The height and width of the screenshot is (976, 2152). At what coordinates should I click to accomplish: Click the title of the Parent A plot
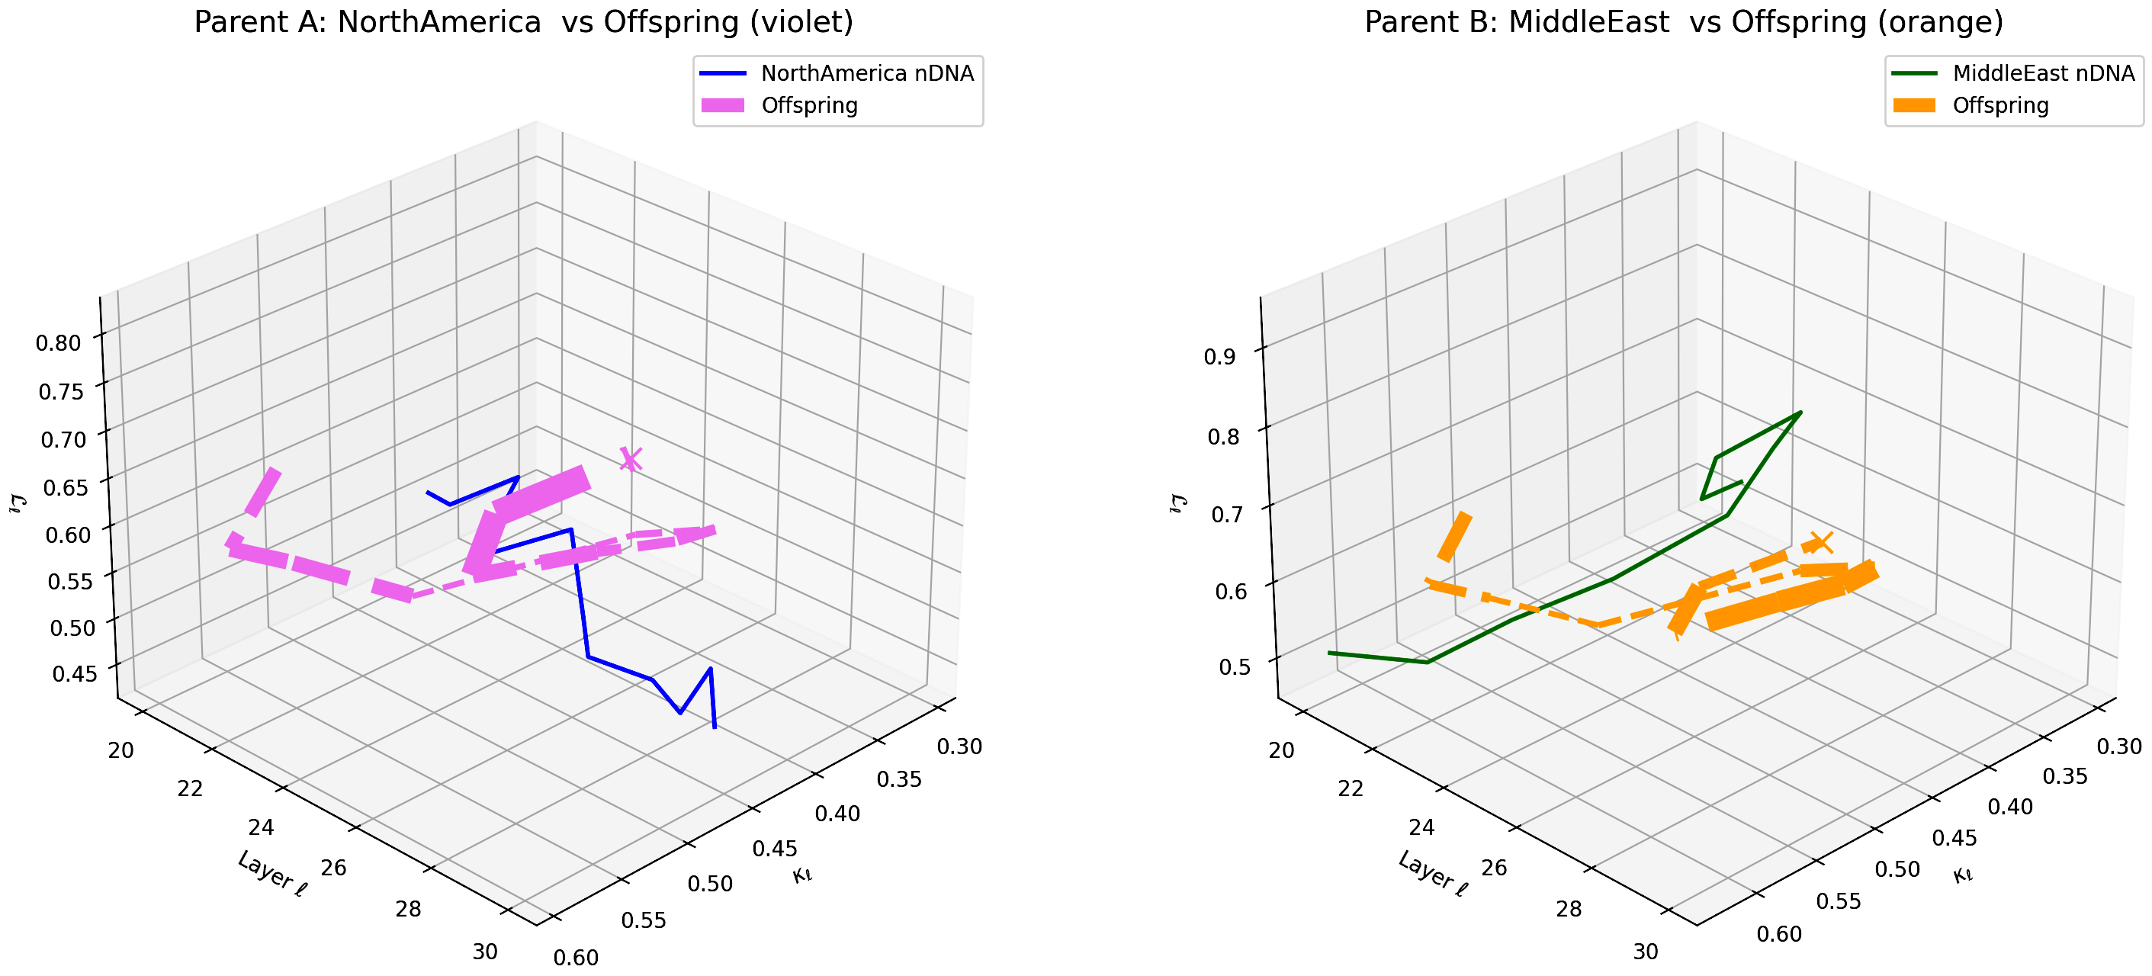(524, 21)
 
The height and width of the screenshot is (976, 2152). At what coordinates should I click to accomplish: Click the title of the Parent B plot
(1683, 21)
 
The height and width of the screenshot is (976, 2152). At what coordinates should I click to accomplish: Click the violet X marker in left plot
(631, 459)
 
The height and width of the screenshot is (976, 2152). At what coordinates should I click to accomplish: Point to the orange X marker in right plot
(1820, 542)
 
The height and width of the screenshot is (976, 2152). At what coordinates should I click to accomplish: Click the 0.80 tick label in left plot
(59, 342)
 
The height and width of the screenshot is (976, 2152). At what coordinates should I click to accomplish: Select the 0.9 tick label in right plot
(1219, 357)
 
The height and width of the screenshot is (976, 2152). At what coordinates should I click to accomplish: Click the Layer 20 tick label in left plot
(120, 750)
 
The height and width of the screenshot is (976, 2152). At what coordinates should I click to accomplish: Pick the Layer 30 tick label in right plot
(1645, 951)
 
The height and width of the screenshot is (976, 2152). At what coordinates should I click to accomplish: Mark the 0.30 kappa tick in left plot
(959, 746)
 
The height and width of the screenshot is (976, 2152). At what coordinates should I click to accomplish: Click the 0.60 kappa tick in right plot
(1779, 934)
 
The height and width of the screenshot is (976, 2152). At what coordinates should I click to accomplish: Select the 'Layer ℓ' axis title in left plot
(272, 874)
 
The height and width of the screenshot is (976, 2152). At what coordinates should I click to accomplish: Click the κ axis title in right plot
(1962, 875)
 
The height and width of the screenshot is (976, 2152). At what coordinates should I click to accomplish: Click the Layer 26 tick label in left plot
(333, 868)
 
